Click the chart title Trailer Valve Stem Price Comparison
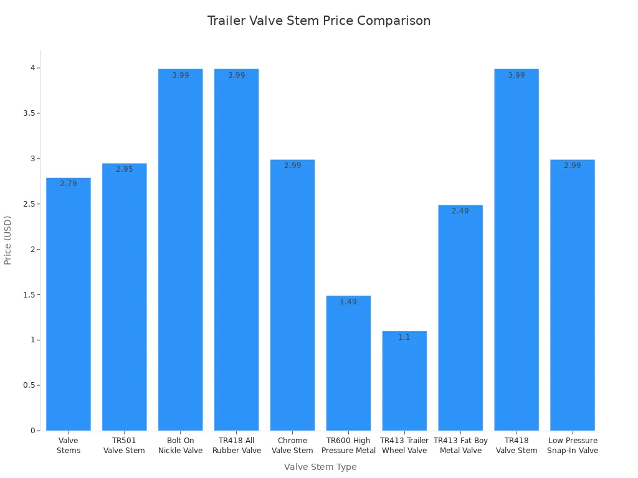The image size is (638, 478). pyautogui.click(x=318, y=21)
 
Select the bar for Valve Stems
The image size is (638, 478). pyautogui.click(x=69, y=305)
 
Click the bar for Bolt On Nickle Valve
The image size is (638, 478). pyautogui.click(x=180, y=249)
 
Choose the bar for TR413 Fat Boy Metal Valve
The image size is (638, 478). pyautogui.click(x=460, y=317)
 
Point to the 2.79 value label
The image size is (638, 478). pyautogui.click(x=69, y=184)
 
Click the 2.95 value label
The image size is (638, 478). pyautogui.click(x=125, y=169)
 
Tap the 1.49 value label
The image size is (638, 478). pyautogui.click(x=348, y=302)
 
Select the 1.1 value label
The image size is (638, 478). pyautogui.click(x=404, y=337)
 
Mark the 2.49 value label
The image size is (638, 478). pyautogui.click(x=460, y=211)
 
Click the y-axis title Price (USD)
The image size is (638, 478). pyautogui.click(x=8, y=240)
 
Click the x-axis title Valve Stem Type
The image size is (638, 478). pyautogui.click(x=320, y=467)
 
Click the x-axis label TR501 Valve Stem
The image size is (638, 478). pyautogui.click(x=125, y=446)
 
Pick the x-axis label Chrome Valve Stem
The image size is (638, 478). pyautogui.click(x=292, y=446)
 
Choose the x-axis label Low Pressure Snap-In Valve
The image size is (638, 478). pyautogui.click(x=573, y=446)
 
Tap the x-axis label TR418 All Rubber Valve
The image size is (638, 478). pyautogui.click(x=237, y=446)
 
